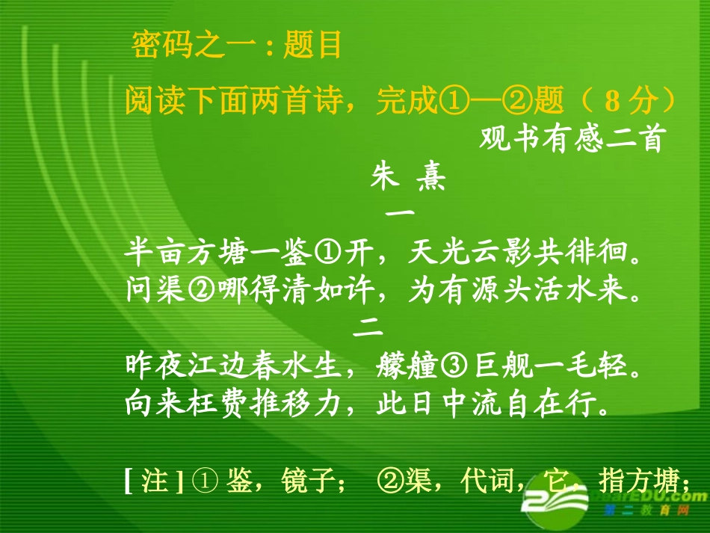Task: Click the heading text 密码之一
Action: [x=198, y=45]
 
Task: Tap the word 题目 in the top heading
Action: [x=312, y=45]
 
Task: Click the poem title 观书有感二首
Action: [x=572, y=140]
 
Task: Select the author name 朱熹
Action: [x=408, y=179]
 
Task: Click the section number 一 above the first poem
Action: [x=399, y=213]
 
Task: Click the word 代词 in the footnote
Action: [x=485, y=481]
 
